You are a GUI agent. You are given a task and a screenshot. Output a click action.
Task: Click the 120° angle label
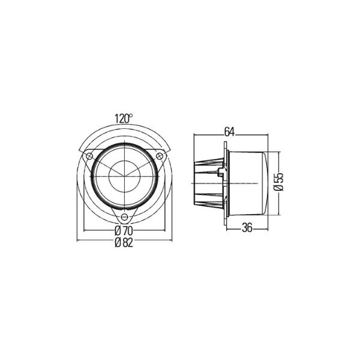pyautogui.click(x=124, y=119)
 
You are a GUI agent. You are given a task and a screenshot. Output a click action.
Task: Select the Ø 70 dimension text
pyautogui.click(x=124, y=231)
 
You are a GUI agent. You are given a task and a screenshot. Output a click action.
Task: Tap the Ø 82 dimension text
pyautogui.click(x=124, y=242)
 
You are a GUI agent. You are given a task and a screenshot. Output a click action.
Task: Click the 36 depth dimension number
pyautogui.click(x=247, y=227)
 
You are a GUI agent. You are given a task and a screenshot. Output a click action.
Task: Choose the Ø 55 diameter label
pyautogui.click(x=278, y=181)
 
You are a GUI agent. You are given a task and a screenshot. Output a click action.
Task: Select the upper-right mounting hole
pyautogui.click(x=160, y=156)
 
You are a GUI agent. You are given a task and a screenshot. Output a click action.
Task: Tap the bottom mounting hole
pyautogui.click(x=124, y=217)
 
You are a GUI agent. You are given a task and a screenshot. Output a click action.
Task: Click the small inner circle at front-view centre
pyautogui.click(x=124, y=176)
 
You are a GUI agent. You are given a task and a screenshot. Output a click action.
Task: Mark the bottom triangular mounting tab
pyautogui.click(x=124, y=215)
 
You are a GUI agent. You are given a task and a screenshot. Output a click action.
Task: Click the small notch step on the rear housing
pyautogui.click(x=223, y=174)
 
